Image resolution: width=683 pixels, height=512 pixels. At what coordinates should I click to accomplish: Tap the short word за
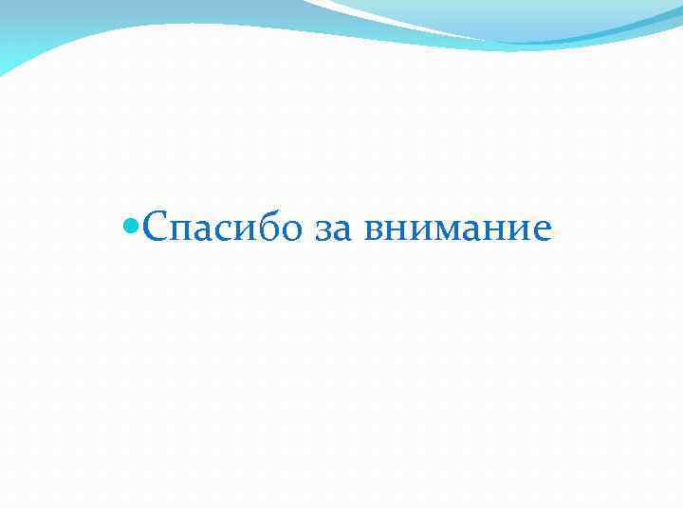(x=328, y=230)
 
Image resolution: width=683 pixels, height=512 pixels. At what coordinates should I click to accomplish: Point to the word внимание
(x=456, y=230)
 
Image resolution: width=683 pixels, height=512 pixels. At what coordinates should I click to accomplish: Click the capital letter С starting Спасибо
(x=157, y=228)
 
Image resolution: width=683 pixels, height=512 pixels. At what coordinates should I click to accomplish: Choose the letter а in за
(x=338, y=231)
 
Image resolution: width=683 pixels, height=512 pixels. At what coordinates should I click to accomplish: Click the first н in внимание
(x=395, y=231)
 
